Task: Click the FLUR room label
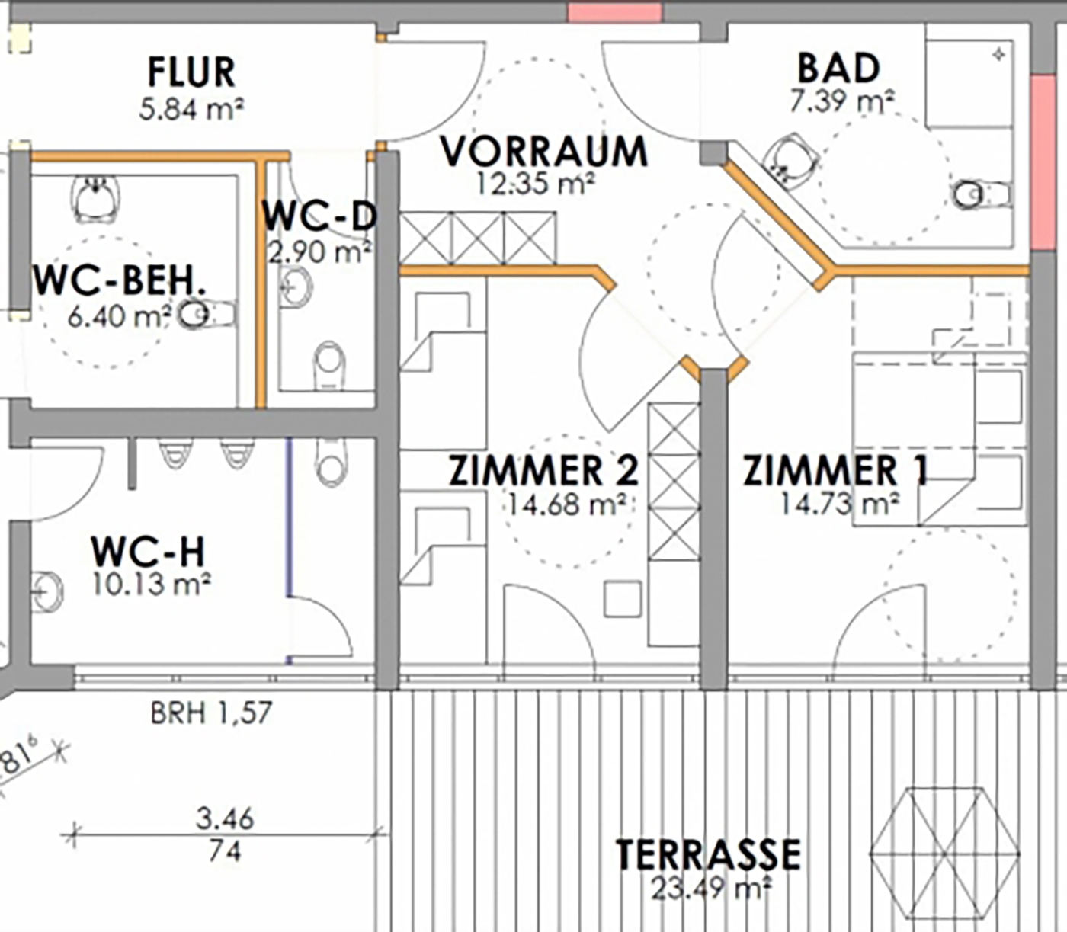[191, 73]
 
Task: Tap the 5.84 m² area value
[191, 110]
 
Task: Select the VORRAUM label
[544, 152]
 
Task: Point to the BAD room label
[839, 69]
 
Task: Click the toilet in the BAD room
[982, 195]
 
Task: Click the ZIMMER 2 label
[544, 470]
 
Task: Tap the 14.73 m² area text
[840, 504]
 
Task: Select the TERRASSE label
[709, 855]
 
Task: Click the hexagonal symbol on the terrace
[944, 854]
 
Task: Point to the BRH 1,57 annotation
[211, 713]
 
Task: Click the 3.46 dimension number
[225, 818]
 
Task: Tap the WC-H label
[148, 552]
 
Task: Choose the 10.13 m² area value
[151, 585]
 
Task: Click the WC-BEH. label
[120, 282]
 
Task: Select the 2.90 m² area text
[319, 252]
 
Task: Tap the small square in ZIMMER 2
[623, 600]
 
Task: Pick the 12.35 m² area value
[536, 184]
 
